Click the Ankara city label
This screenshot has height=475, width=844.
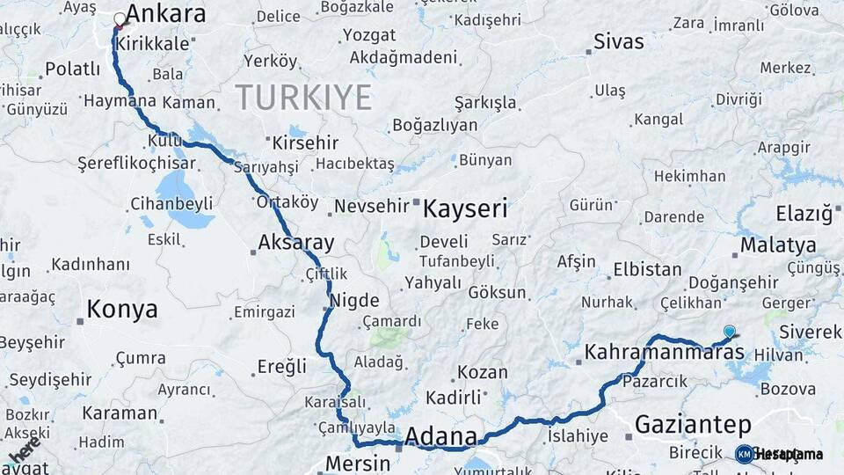pyautogui.click(x=165, y=14)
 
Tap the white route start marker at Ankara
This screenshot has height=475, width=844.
pyautogui.click(x=120, y=18)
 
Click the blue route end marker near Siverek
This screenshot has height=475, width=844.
pyautogui.click(x=729, y=331)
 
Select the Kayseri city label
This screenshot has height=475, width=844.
pyautogui.click(x=465, y=208)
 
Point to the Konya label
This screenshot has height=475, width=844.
pyautogui.click(x=122, y=310)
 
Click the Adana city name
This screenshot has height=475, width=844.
pyautogui.click(x=440, y=436)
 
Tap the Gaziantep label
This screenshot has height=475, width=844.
pyautogui.click(x=693, y=425)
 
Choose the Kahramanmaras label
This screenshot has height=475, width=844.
pyautogui.click(x=664, y=352)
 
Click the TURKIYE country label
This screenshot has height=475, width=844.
pyautogui.click(x=303, y=98)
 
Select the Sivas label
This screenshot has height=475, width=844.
pyautogui.click(x=618, y=41)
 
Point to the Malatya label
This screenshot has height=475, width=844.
pyautogui.click(x=778, y=245)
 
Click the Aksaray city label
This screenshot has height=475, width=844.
pyautogui.click(x=296, y=244)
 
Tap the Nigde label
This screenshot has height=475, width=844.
pyautogui.click(x=354, y=300)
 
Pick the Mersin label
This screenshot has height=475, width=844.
pyautogui.click(x=357, y=463)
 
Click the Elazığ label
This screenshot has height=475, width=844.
pyautogui.click(x=804, y=214)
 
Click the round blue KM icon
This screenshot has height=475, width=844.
pyautogui.click(x=744, y=454)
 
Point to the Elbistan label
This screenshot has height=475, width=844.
pyautogui.click(x=647, y=269)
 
